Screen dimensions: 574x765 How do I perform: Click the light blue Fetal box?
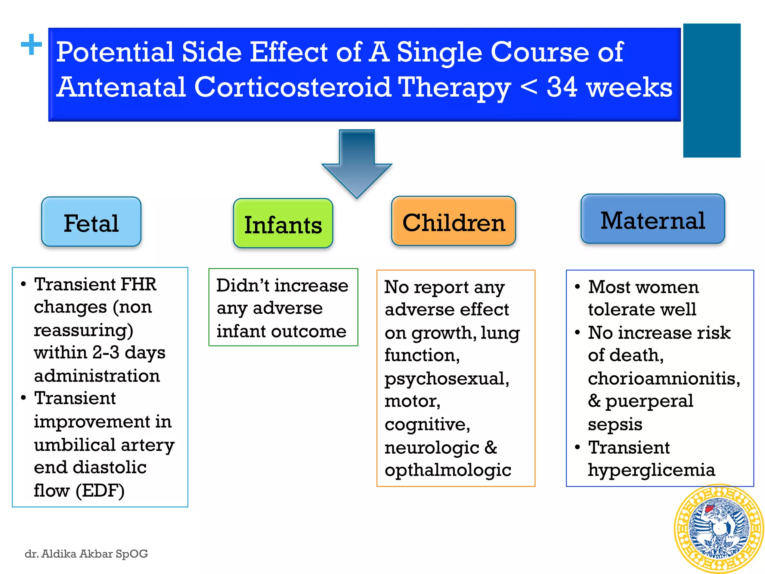91,222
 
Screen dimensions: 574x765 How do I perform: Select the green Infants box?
283,223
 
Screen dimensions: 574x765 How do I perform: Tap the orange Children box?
453,221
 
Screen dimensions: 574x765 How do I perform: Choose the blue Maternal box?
653,219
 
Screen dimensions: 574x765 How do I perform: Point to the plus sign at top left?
31,44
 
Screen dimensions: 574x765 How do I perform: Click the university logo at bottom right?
718,529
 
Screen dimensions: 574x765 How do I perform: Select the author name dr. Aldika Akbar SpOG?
86,553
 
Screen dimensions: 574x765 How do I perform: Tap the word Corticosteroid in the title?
292,87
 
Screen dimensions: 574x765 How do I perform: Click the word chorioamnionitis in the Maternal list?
663,378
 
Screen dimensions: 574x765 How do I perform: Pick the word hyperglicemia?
651,470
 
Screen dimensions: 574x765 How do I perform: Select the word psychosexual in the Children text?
446,378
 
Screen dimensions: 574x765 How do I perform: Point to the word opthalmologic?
447,470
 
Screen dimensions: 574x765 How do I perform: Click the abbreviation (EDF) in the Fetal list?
100,490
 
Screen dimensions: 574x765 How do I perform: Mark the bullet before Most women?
577,287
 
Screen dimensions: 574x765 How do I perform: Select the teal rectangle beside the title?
712,90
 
